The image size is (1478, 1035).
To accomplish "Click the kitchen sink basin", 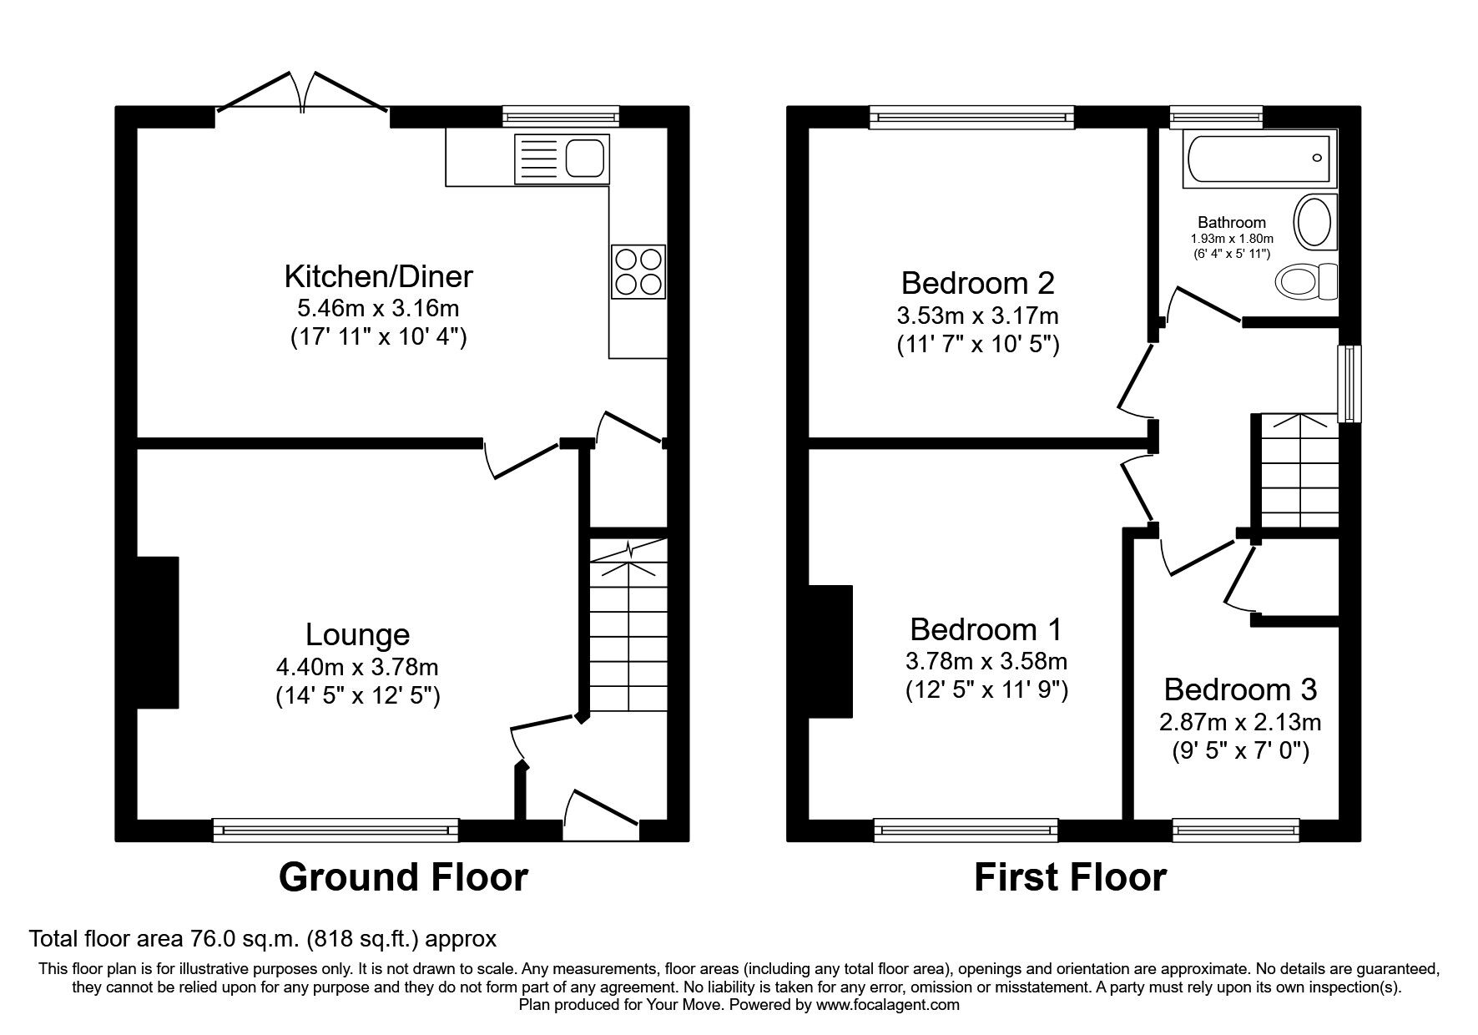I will click(584, 158).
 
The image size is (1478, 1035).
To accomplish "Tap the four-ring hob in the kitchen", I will click(638, 271).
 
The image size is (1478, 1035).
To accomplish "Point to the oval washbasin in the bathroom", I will click(1314, 219).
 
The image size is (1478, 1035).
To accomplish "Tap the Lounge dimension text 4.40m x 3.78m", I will click(357, 667).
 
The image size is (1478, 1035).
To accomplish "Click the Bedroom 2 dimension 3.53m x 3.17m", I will click(977, 316).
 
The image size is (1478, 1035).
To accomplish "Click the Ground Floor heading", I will click(402, 877).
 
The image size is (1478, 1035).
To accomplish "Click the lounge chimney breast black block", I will click(158, 632).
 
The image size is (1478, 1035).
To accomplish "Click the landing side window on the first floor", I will click(1349, 383).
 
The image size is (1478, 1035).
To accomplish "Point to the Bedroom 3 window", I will click(1235, 828).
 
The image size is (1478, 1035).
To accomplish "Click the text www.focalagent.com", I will click(887, 1006).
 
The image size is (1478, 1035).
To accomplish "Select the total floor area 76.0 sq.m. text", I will click(263, 939).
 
